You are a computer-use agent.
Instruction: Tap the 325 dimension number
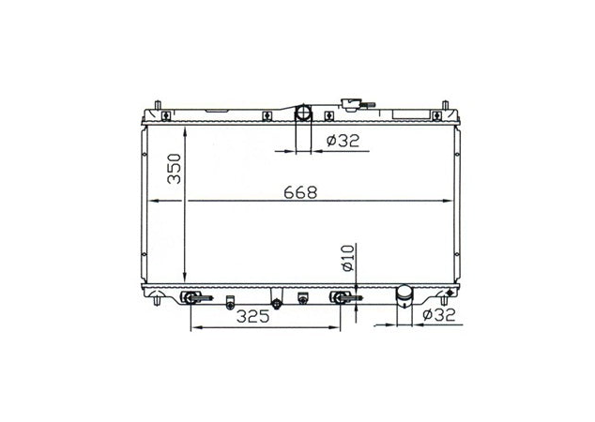click(252, 317)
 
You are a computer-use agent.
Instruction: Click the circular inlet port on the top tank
click(305, 113)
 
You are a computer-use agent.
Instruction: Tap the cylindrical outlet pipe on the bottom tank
click(405, 296)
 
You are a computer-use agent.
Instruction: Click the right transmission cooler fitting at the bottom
click(341, 299)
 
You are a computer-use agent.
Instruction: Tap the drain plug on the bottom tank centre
click(277, 304)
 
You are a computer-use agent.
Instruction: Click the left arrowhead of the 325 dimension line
click(194, 328)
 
